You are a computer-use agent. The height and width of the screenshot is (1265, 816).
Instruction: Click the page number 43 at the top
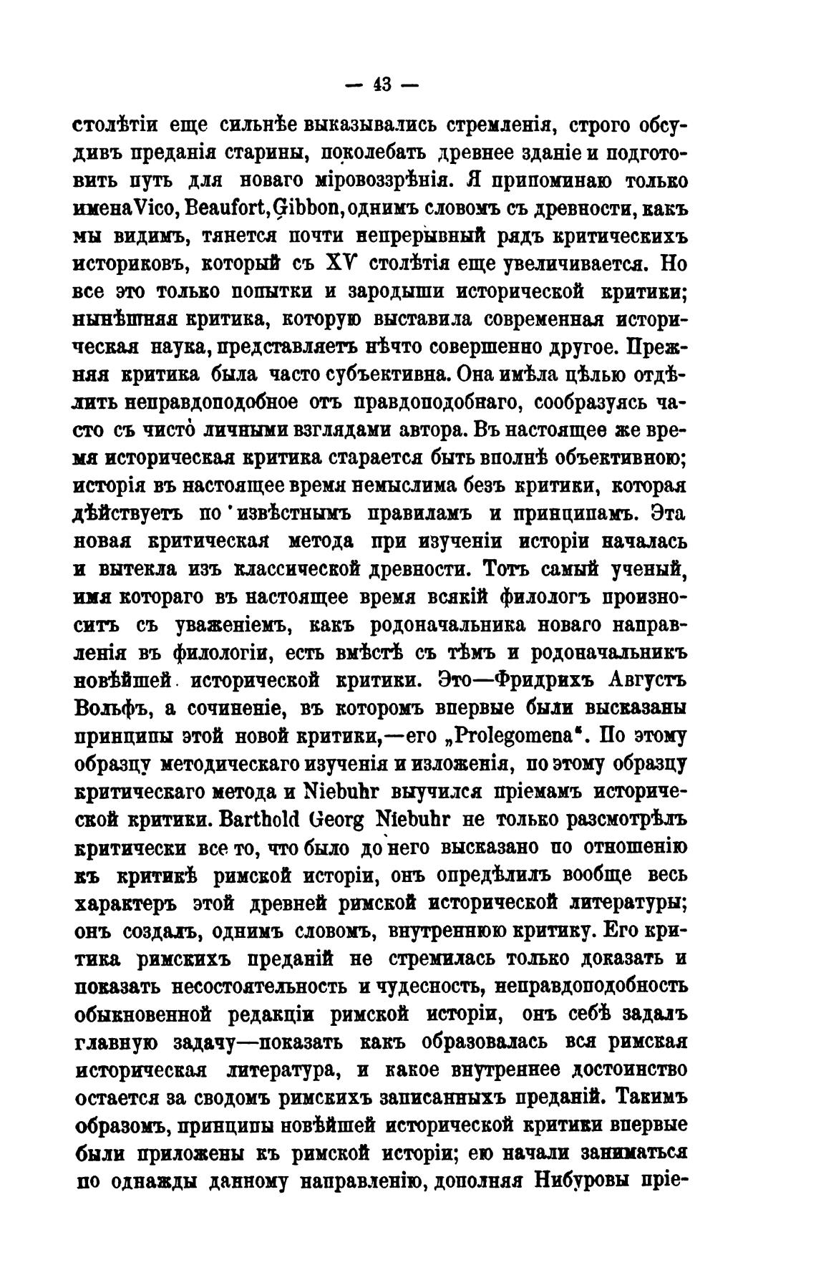379,84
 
